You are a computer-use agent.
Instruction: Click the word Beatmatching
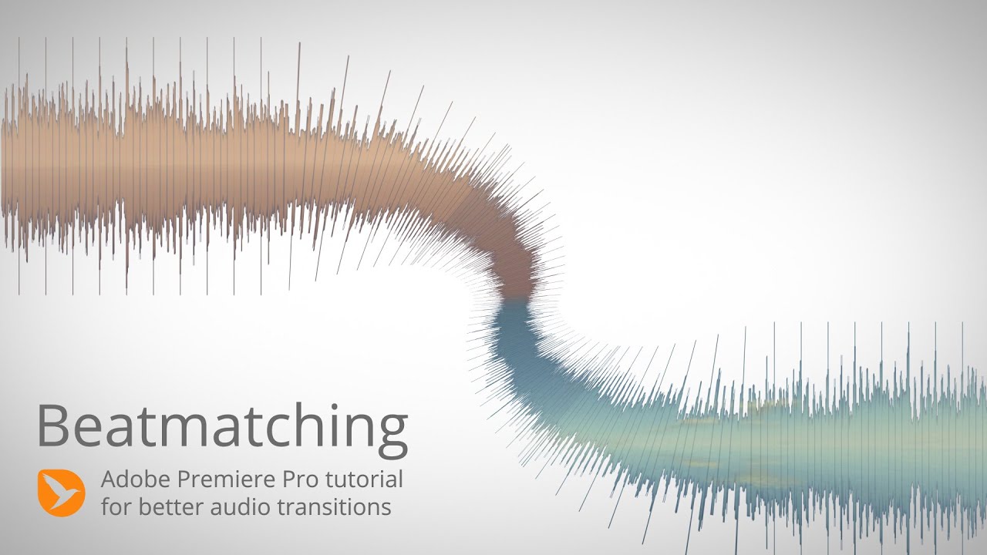(222, 426)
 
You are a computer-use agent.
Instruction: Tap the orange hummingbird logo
(61, 493)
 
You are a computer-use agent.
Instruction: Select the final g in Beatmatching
(392, 432)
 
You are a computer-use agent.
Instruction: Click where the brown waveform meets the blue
(515, 300)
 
